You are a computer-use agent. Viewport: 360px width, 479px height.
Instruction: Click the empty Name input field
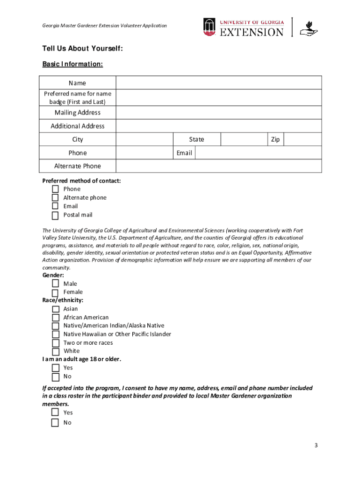pos(218,83)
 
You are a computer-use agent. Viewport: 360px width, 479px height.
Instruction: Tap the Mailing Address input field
pos(218,113)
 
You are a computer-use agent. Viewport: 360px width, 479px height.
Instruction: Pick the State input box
pos(244,139)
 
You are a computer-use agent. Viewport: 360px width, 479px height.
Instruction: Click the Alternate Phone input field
pos(218,166)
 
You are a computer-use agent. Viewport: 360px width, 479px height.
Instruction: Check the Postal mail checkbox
pos(55,215)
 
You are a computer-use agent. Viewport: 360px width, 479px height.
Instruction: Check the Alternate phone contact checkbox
pos(55,198)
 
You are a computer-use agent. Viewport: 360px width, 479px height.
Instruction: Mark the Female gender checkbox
pos(55,292)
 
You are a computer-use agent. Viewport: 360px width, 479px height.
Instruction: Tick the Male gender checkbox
pos(55,284)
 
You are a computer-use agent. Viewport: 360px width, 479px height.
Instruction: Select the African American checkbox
pos(55,318)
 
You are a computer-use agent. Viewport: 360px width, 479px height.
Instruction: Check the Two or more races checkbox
pos(55,343)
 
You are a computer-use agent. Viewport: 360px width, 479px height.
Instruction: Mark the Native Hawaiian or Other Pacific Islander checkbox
pos(55,334)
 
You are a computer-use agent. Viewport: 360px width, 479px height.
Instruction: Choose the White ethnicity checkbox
pos(55,351)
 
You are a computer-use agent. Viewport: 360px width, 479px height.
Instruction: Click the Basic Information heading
pos(72,64)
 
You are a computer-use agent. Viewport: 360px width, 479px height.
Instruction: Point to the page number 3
pos(316,445)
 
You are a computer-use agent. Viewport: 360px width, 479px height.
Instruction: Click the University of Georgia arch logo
pos(209,27)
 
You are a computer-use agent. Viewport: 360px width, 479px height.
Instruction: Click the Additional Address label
pos(78,126)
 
